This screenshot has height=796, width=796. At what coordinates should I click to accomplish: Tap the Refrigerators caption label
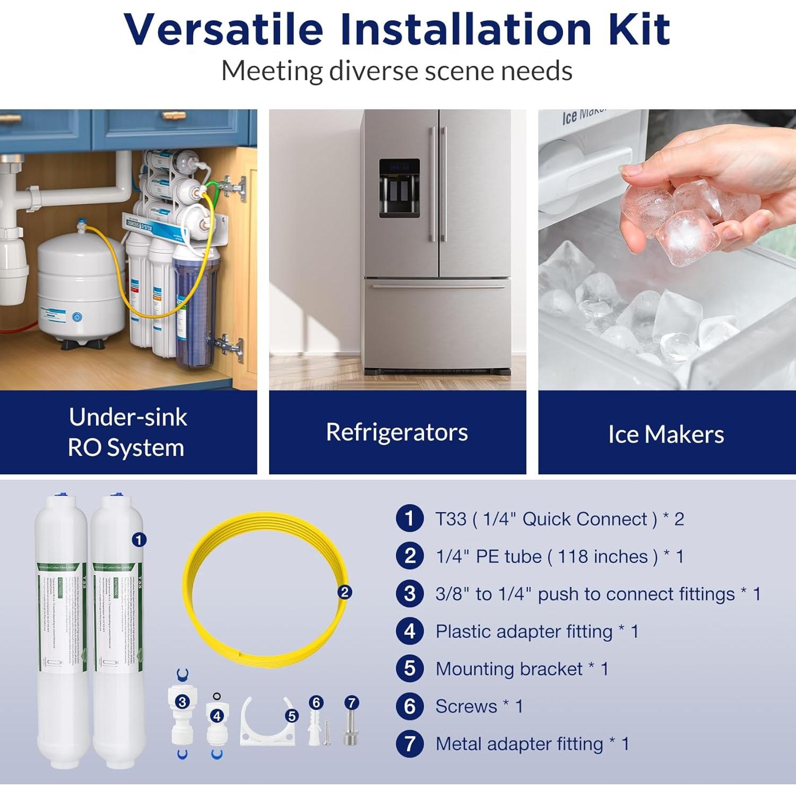click(x=397, y=432)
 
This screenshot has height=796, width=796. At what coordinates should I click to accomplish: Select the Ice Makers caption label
click(x=666, y=434)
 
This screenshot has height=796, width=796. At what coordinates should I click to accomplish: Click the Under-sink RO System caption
click(x=127, y=432)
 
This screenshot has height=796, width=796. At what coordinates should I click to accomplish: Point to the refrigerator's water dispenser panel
click(x=399, y=188)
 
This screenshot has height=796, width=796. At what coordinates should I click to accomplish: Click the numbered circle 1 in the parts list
click(x=409, y=518)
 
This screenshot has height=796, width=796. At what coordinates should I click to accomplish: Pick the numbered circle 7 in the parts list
click(x=409, y=743)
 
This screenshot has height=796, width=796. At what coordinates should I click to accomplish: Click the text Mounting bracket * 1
click(x=522, y=669)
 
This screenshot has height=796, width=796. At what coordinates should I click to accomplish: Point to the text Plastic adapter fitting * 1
click(x=537, y=631)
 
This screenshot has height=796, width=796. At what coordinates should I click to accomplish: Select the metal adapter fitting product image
click(x=351, y=730)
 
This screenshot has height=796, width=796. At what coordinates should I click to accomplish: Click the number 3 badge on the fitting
click(x=182, y=702)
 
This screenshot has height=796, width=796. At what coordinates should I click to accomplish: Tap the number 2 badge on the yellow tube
click(x=344, y=592)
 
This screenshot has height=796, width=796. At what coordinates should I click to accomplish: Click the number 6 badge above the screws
click(x=316, y=703)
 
